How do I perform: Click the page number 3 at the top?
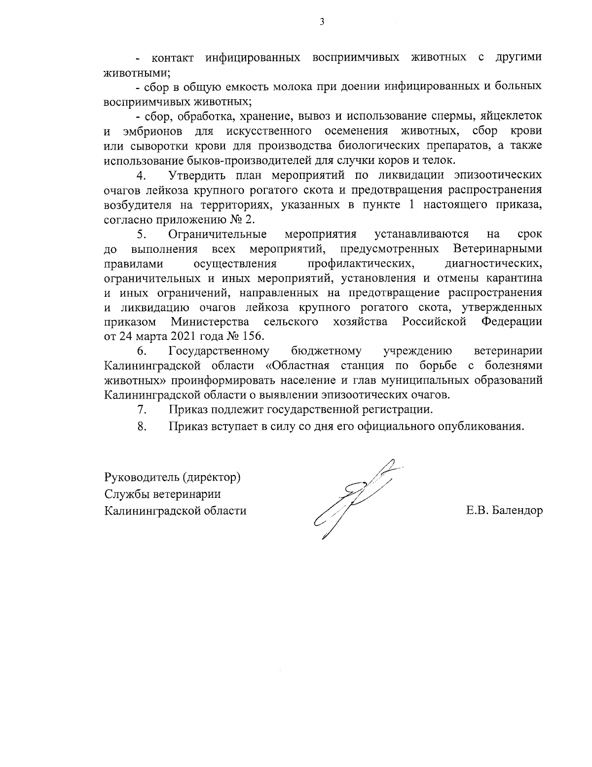322,22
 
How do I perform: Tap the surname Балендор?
514,511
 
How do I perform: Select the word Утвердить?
197,176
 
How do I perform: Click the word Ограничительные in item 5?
218,234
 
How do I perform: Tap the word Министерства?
210,323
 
